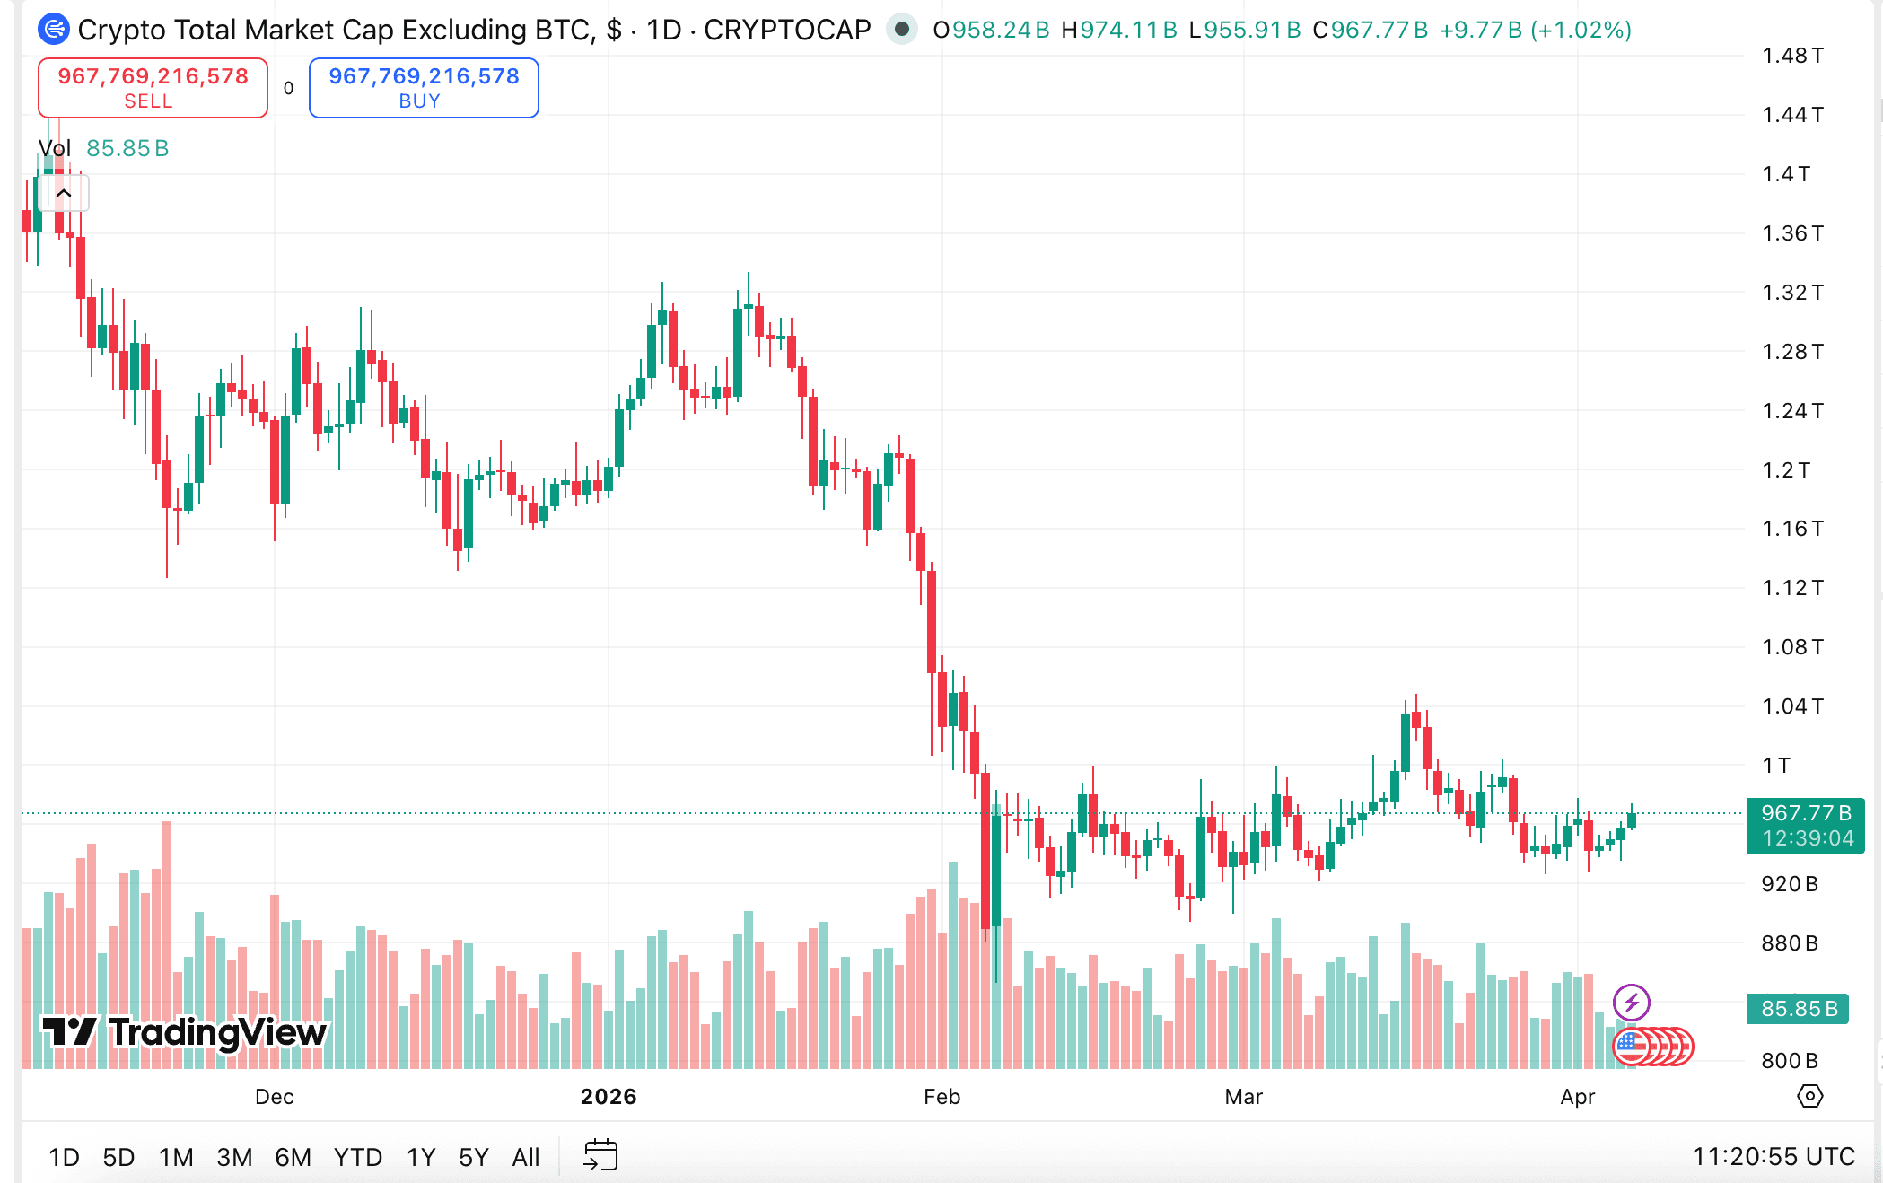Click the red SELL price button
153,88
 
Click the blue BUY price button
424,88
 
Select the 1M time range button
176,1157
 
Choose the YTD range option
357,1157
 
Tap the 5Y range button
473,1157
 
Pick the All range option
525,1157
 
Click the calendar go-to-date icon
600,1155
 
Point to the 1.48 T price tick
1792,56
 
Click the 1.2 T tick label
1786,469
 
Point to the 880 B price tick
1790,942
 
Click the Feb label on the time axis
941,1096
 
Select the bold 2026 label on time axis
609,1096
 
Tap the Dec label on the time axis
274,1096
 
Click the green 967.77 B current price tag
1806,825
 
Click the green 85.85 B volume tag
1799,1008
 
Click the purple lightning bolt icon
1631,1002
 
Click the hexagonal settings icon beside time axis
1809,1096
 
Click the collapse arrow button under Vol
64,193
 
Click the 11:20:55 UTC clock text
1774,1156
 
